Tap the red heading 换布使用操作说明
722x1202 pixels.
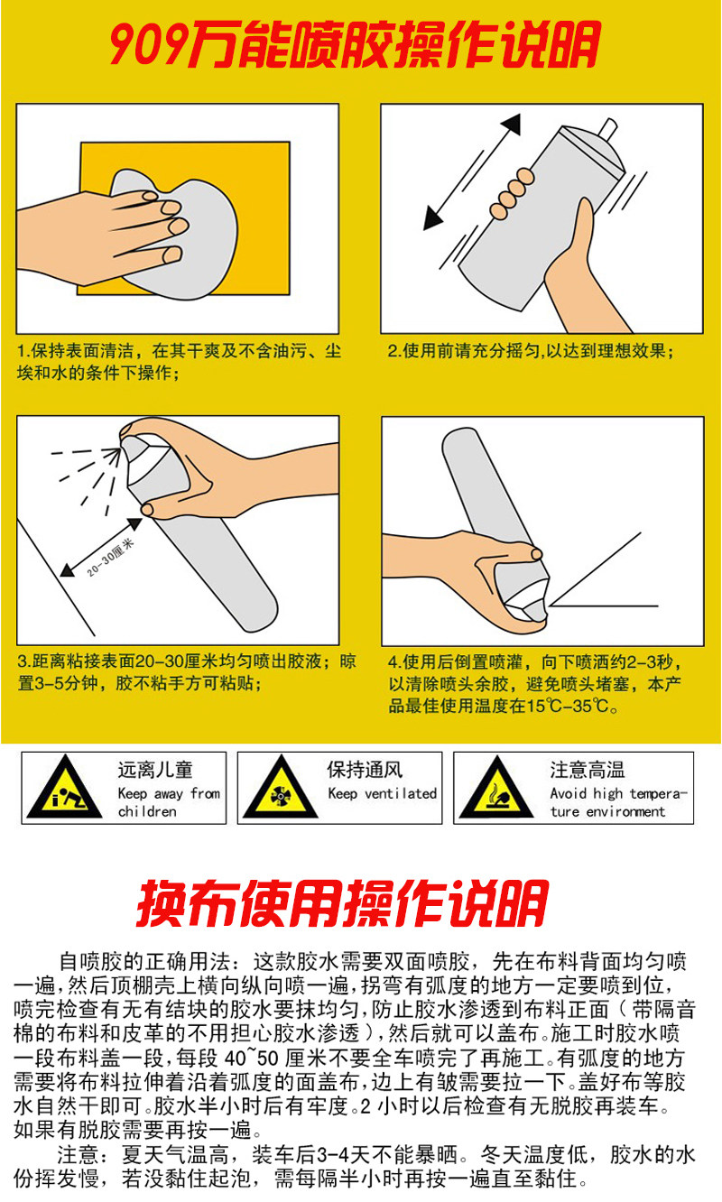click(342, 903)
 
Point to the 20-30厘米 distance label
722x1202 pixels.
click(111, 558)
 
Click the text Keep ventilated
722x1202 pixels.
click(382, 793)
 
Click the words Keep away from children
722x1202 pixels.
click(169, 802)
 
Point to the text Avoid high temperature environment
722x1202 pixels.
click(618, 802)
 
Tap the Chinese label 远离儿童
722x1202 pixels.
click(155, 770)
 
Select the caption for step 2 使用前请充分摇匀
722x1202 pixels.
click(531, 351)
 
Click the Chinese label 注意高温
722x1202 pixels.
click(588, 770)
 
